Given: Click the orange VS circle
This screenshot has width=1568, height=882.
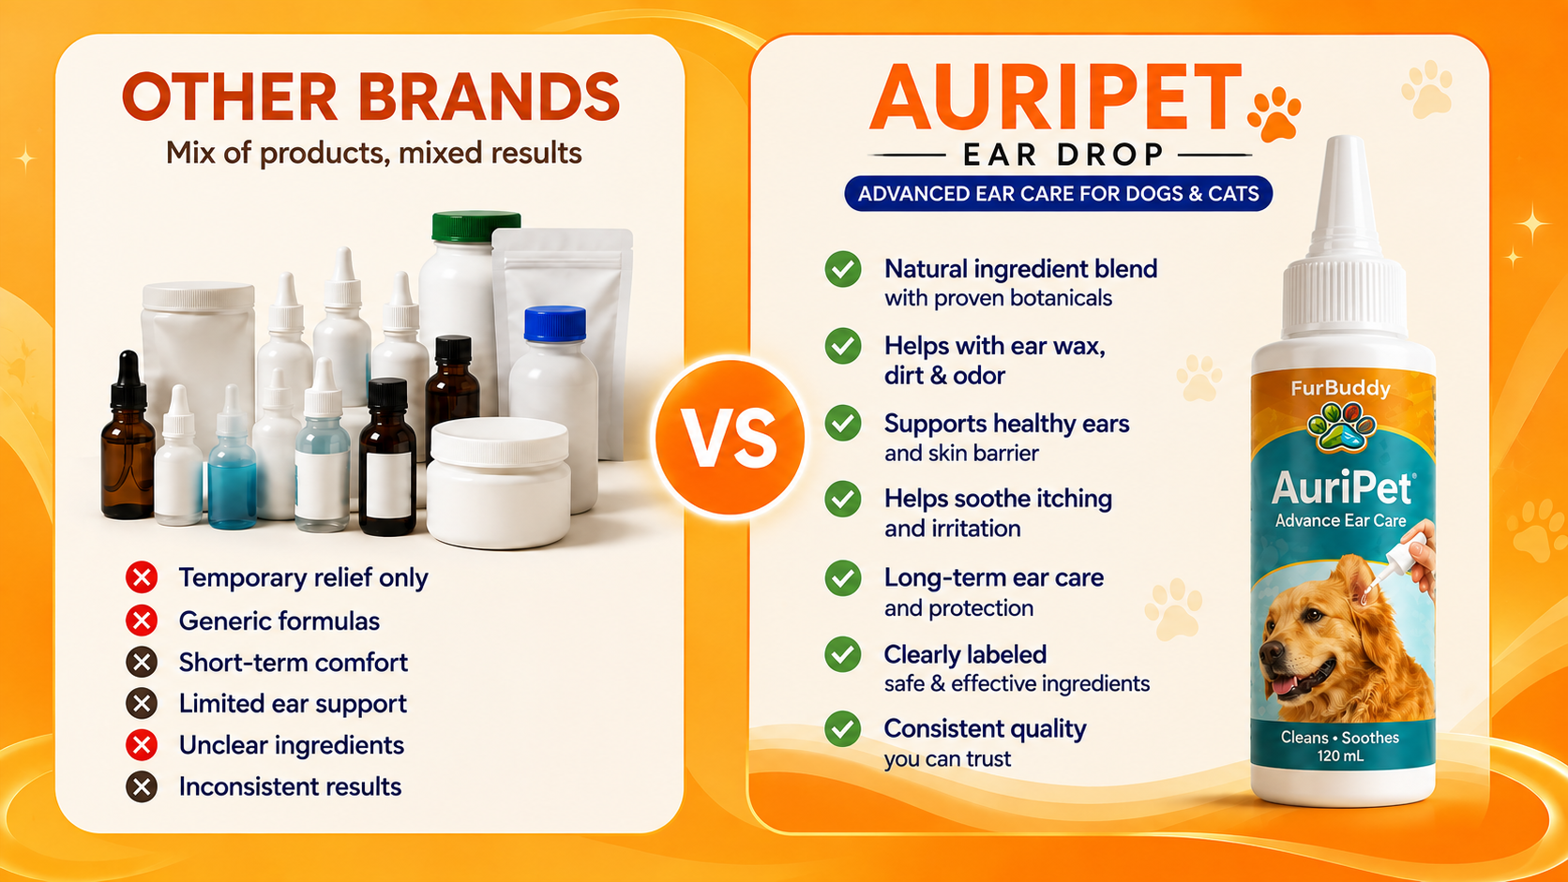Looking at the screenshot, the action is [x=731, y=437].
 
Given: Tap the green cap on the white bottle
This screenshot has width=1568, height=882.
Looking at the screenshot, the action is [x=476, y=226].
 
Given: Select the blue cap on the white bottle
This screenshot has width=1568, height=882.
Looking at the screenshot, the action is [x=555, y=324].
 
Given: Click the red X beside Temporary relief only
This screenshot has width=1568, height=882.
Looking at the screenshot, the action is [x=142, y=577].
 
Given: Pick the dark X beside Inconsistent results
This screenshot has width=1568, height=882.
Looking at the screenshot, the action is [x=142, y=787].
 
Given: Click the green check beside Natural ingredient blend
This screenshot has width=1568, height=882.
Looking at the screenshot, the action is [x=843, y=269].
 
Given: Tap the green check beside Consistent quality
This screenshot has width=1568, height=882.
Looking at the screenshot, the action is [x=843, y=729].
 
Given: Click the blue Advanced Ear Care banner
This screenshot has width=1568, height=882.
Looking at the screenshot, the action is [x=1059, y=194].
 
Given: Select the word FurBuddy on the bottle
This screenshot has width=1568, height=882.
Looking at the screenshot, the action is [x=1340, y=389].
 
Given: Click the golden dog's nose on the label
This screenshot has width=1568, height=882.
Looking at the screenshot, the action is [x=1269, y=654].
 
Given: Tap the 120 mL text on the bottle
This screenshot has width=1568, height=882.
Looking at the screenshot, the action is [x=1340, y=756].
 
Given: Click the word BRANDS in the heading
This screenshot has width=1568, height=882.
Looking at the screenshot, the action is [x=489, y=97].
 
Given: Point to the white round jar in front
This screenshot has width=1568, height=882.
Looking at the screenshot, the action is [x=498, y=483].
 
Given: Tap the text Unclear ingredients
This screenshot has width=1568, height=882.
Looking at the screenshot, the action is [x=292, y=745].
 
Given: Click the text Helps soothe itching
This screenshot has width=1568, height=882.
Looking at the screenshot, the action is [x=998, y=499].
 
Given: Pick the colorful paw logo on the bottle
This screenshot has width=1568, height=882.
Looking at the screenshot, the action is [x=1342, y=426].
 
